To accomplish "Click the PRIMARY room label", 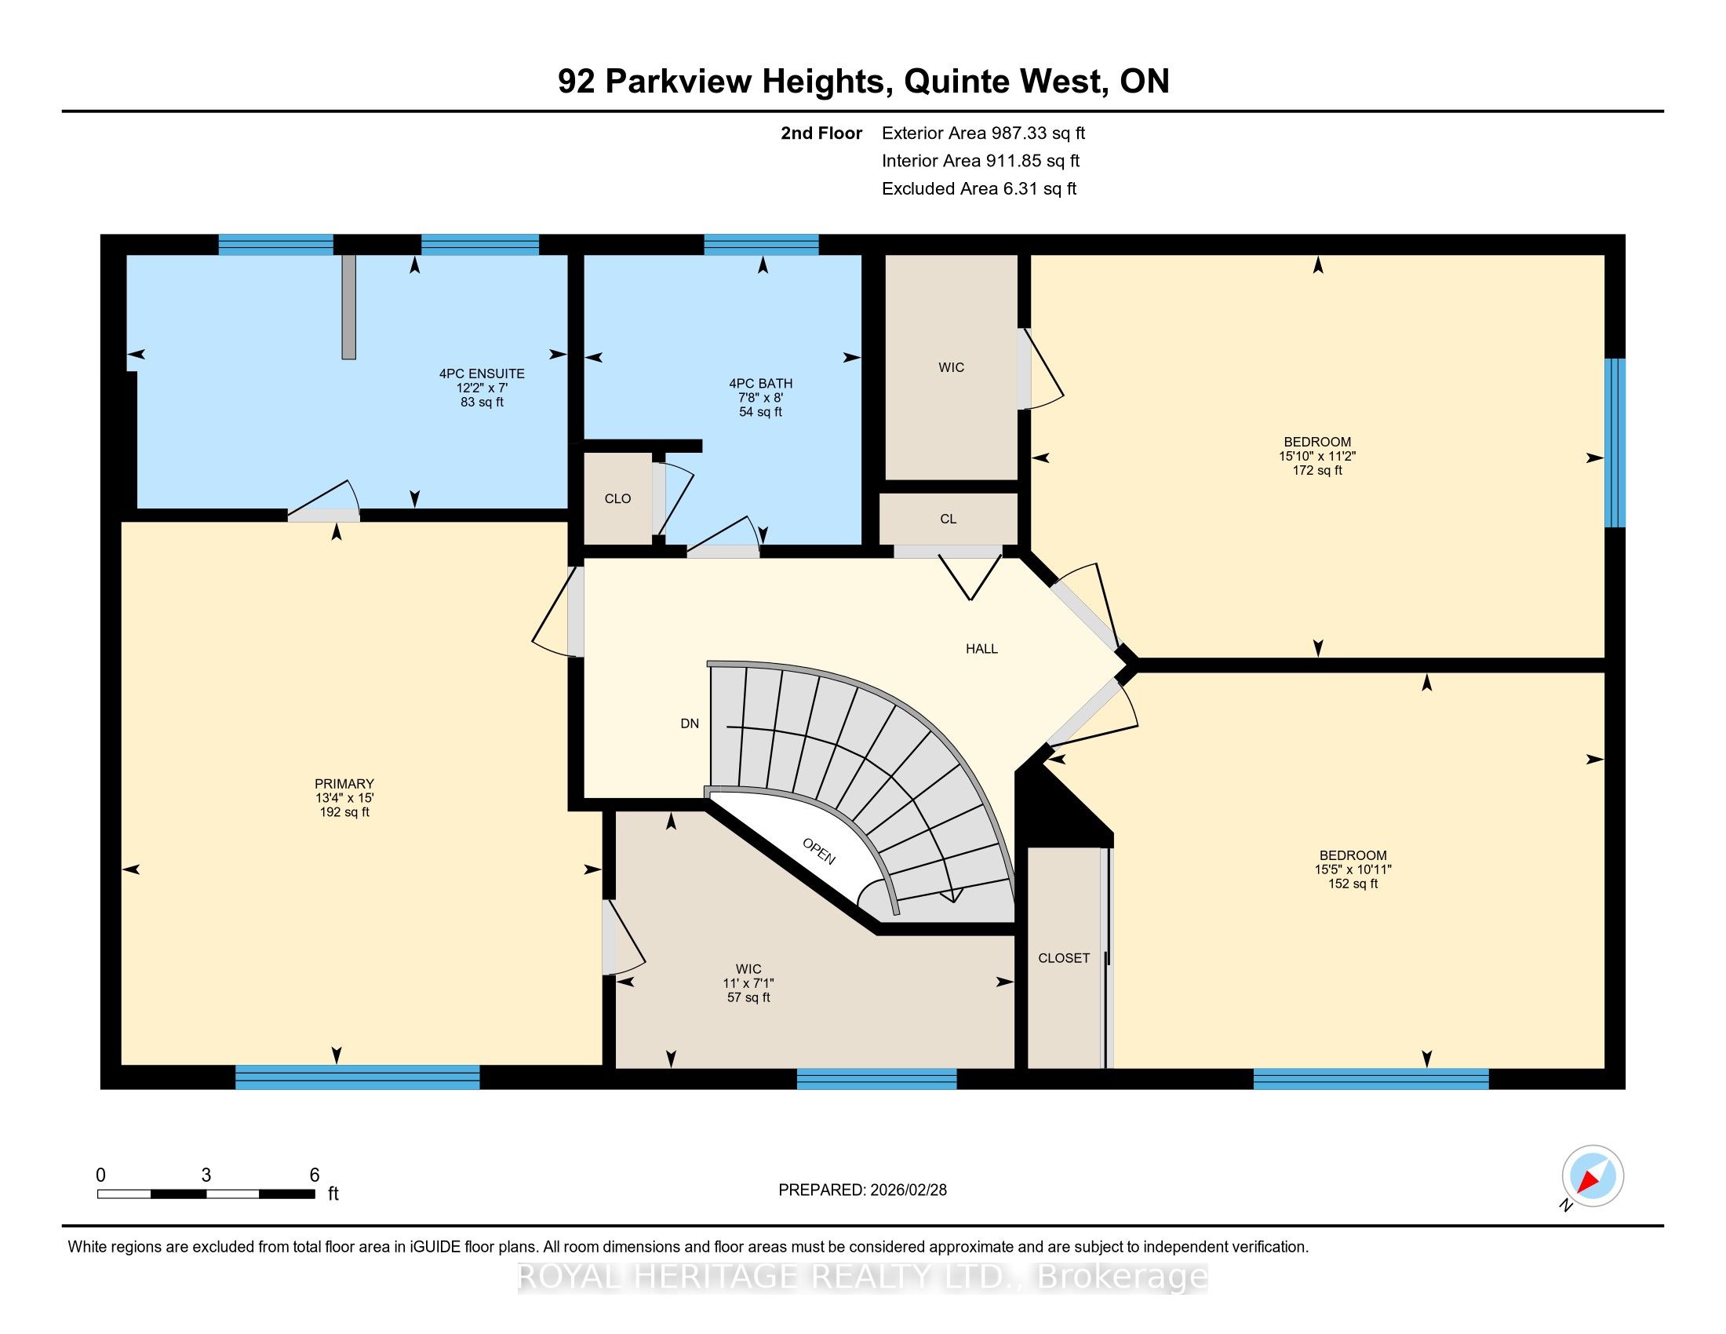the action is coord(344,784).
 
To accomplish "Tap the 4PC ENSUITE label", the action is coord(482,374).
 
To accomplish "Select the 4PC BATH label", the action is coord(761,384).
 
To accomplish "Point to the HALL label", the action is coord(981,649).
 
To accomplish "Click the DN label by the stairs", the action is coord(690,723).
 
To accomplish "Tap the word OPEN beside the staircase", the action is coord(819,851).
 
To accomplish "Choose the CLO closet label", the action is coord(618,498).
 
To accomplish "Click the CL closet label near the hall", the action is coord(949,519).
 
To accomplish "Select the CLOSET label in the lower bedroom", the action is coord(1064,958).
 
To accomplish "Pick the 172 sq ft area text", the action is coord(1317,471).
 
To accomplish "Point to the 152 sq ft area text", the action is coord(1353,884).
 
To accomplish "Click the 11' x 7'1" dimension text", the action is coord(748,983).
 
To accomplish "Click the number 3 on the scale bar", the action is coord(206,1175).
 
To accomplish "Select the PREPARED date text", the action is coord(862,1190).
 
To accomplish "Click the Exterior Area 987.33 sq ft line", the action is coord(983,133).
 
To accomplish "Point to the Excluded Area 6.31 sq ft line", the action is coord(979,189).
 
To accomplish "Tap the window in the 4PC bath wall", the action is coord(761,245).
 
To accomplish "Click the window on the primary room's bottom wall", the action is coord(357,1077).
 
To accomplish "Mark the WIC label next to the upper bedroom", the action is coord(952,367).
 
